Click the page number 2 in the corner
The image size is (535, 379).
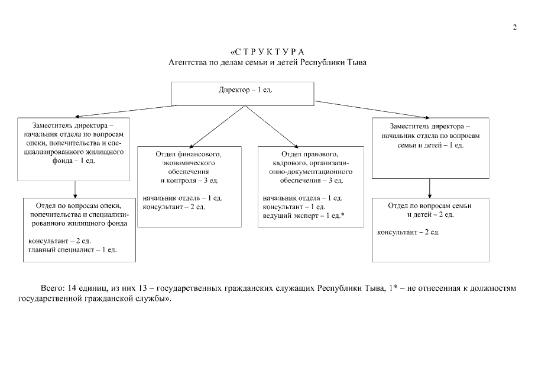(514, 27)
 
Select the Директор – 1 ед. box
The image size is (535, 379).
(242, 94)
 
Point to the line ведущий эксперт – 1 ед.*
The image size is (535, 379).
(303, 216)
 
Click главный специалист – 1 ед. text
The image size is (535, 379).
(73, 250)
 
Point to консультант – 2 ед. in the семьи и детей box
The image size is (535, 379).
(408, 232)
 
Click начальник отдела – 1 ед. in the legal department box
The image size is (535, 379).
(303, 198)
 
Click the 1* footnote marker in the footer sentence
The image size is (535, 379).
(386, 288)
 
